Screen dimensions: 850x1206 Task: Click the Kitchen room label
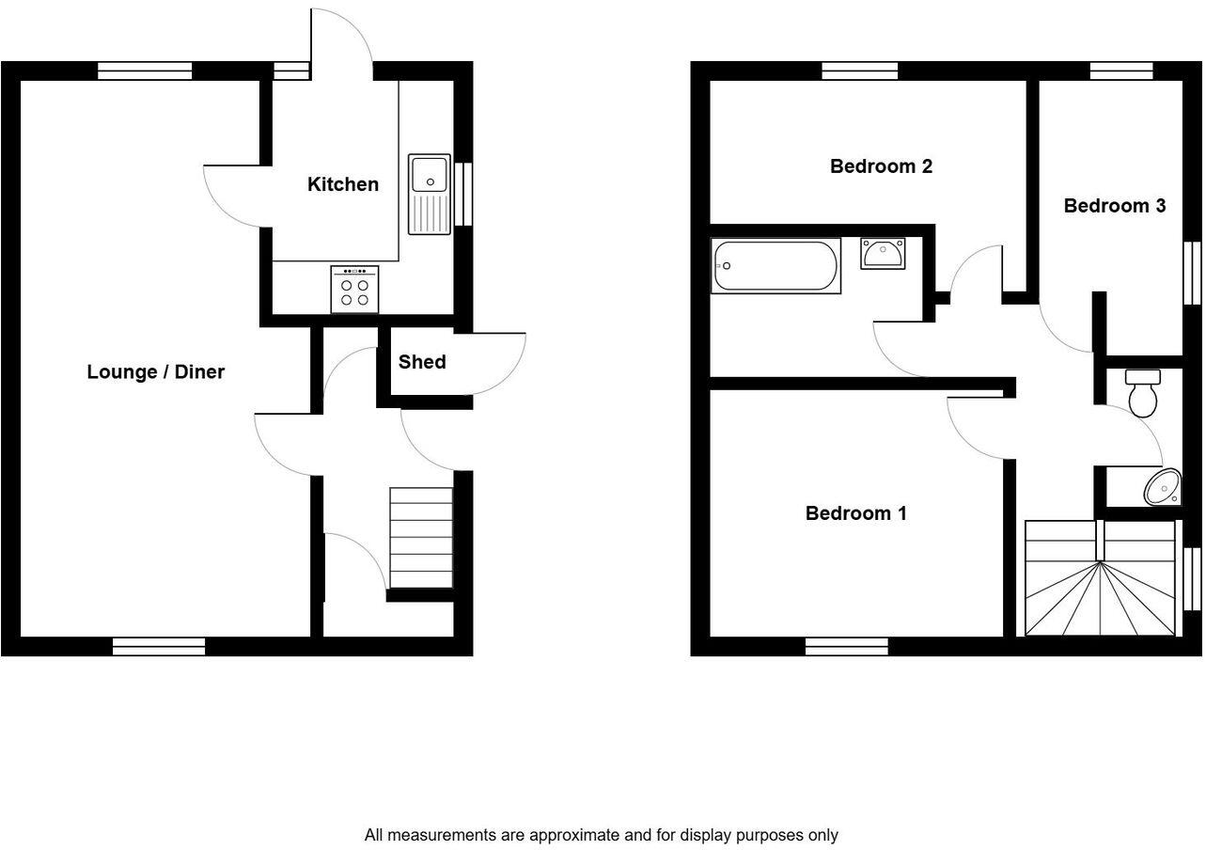pyautogui.click(x=343, y=184)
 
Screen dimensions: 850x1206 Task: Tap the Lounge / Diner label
pyautogui.click(x=156, y=371)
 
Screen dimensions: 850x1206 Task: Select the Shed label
pyautogui.click(x=422, y=362)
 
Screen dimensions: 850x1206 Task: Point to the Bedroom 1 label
pyautogui.click(x=855, y=513)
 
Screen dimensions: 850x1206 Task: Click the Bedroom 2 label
pyautogui.click(x=881, y=166)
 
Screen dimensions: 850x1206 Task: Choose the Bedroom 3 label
pyautogui.click(x=1114, y=205)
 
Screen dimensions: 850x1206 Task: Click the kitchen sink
pyautogui.click(x=430, y=193)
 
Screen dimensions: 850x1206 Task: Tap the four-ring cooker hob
pyautogui.click(x=354, y=289)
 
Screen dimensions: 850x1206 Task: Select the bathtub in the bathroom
pyautogui.click(x=775, y=266)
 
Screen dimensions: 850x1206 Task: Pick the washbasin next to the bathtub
pyautogui.click(x=883, y=253)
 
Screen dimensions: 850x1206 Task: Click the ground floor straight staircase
pyautogui.click(x=421, y=537)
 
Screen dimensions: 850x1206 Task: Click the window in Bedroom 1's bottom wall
pyautogui.click(x=847, y=646)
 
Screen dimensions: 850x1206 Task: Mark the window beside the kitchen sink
pyautogui.click(x=463, y=194)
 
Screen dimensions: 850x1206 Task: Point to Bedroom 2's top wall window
pyautogui.click(x=859, y=71)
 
